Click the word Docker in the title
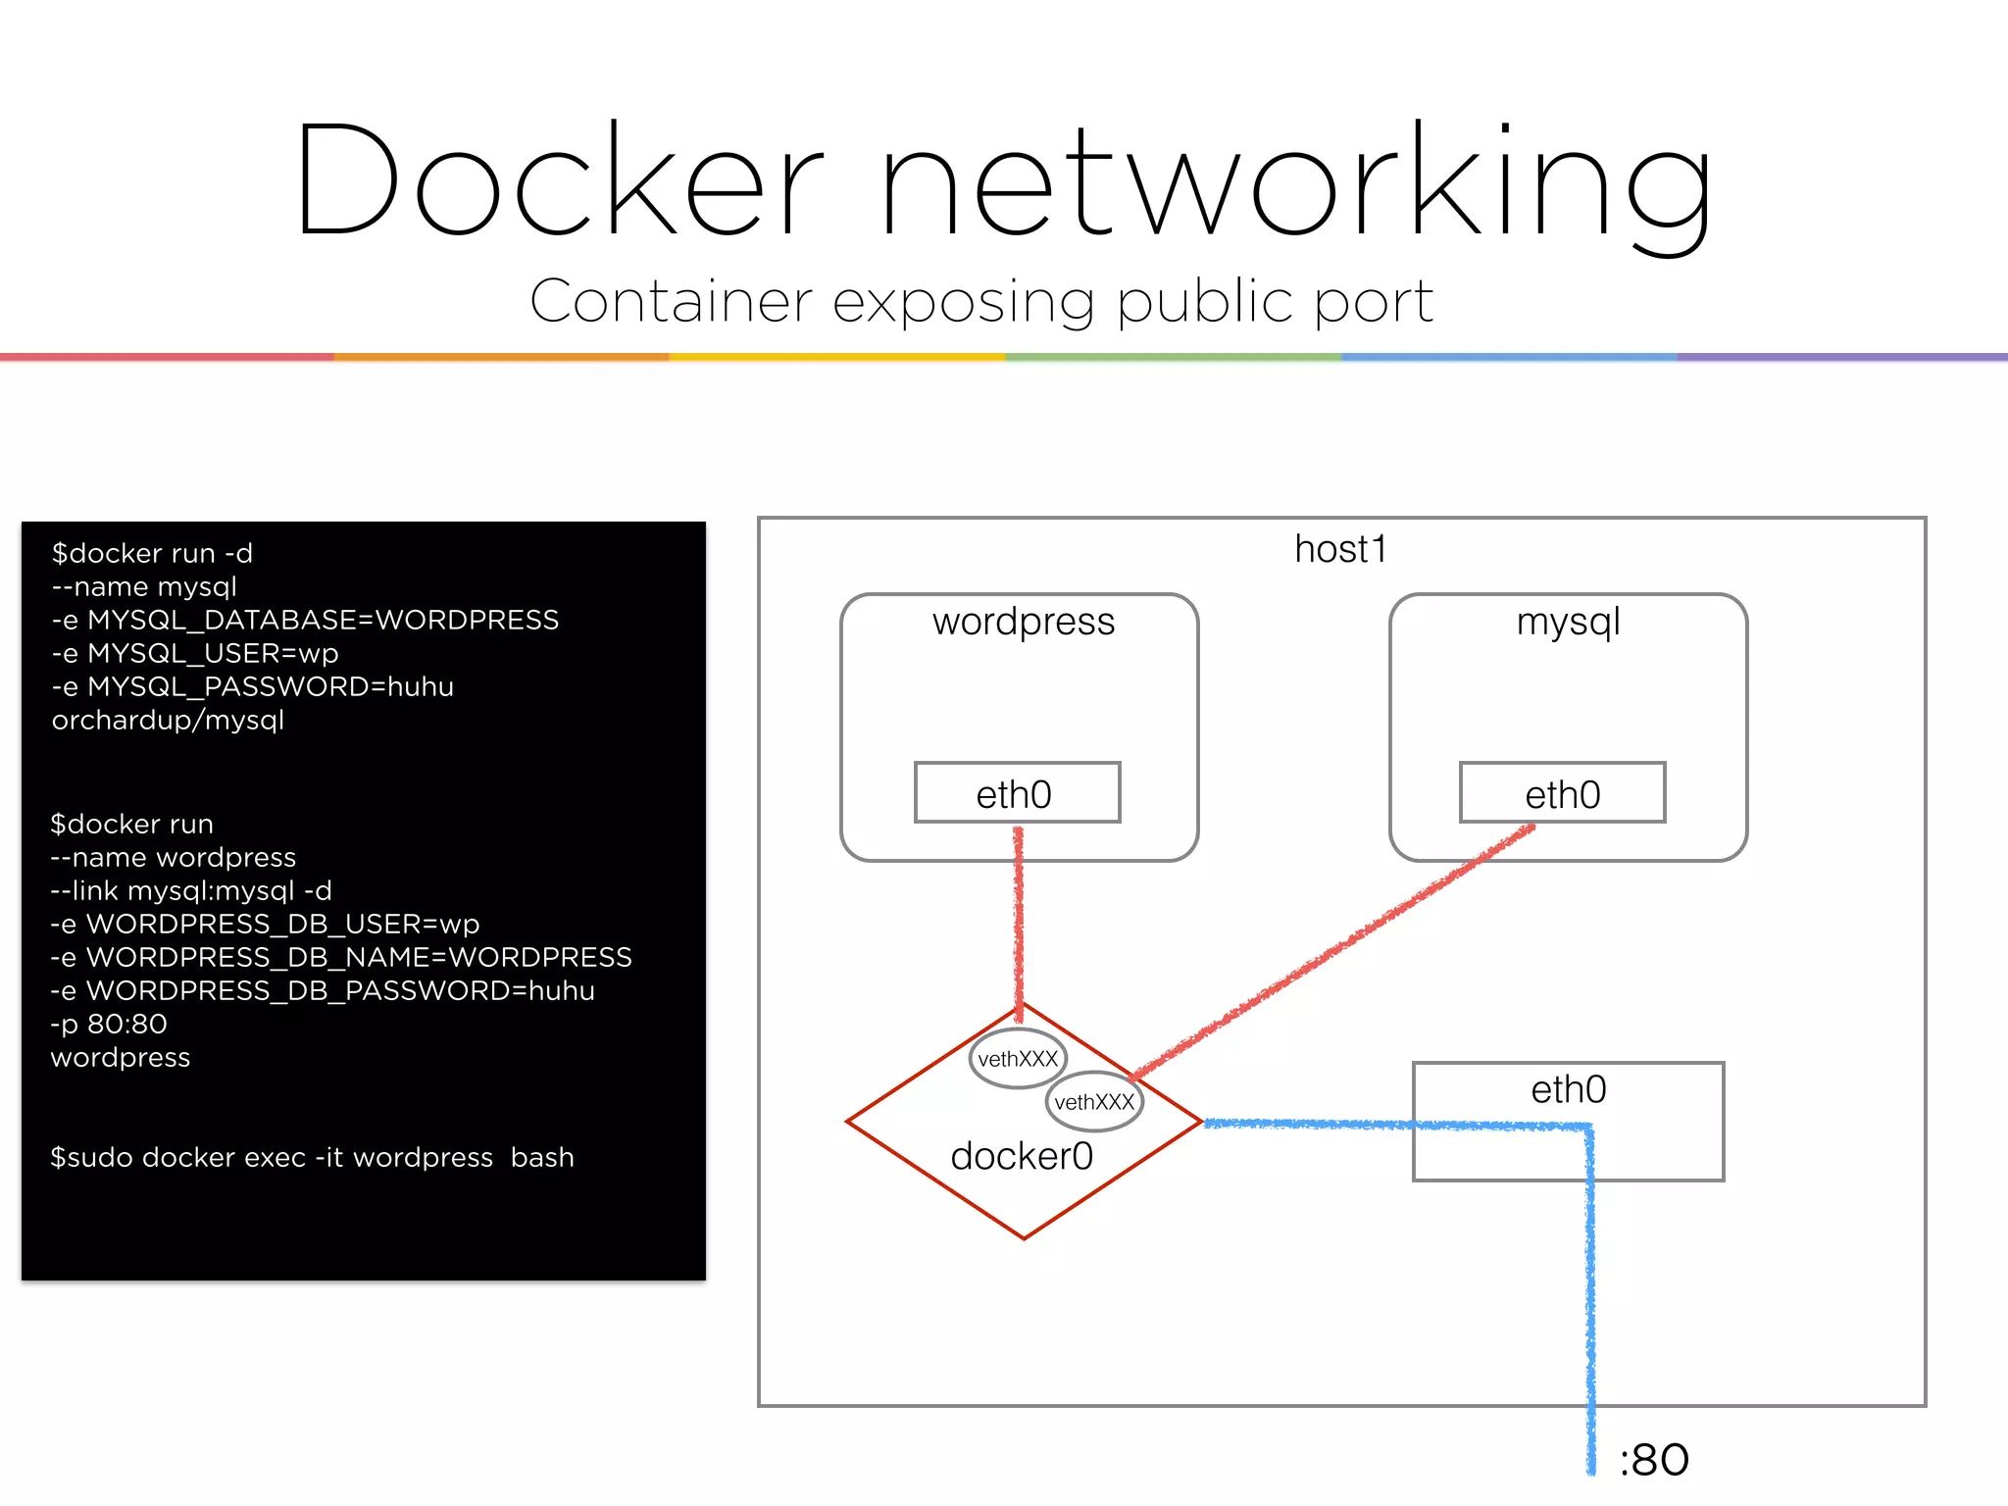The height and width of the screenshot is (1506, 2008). [559, 181]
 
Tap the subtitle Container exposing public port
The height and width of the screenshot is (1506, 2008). [980, 301]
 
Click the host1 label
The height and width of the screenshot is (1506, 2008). [1340, 549]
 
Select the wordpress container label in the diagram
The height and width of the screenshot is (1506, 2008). [1023, 622]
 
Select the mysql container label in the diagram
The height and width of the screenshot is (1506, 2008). [1568, 622]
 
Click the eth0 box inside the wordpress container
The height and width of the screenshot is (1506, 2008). [1016, 793]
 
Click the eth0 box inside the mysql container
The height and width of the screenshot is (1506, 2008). [1562, 793]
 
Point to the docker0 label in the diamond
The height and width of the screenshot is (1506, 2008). [1022, 1156]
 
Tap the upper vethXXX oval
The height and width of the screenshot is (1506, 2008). [1018, 1059]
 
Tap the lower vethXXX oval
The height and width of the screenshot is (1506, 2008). [1094, 1102]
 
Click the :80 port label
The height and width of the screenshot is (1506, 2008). [1654, 1460]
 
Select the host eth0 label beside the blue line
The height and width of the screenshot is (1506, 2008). [1568, 1090]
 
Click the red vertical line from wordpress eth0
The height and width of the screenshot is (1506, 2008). [1019, 922]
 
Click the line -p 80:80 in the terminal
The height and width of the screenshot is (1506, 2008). [109, 1024]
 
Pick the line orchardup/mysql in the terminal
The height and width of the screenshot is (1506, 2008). [168, 720]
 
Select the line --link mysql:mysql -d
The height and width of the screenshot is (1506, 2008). [191, 890]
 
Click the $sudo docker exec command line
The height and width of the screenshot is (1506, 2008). [312, 1157]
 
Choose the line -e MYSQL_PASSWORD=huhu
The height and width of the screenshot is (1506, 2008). [252, 686]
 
